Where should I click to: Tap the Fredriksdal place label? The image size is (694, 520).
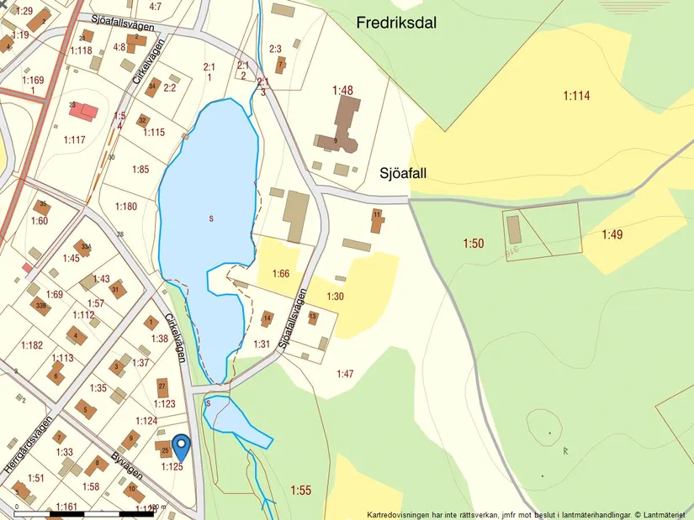point(396,24)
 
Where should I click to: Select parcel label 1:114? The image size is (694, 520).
point(576,96)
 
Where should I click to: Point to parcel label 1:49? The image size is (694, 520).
point(612,235)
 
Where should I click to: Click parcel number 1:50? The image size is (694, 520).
point(473,244)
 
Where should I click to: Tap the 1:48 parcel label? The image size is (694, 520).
point(342,90)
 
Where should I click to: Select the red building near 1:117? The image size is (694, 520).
point(82,111)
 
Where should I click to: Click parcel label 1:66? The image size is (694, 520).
point(281,274)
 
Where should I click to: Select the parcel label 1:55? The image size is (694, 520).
point(300,490)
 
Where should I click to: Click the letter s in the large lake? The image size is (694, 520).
point(211,218)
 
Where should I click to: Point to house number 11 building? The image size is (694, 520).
point(376,221)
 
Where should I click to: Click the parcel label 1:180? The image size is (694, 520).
point(125,207)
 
